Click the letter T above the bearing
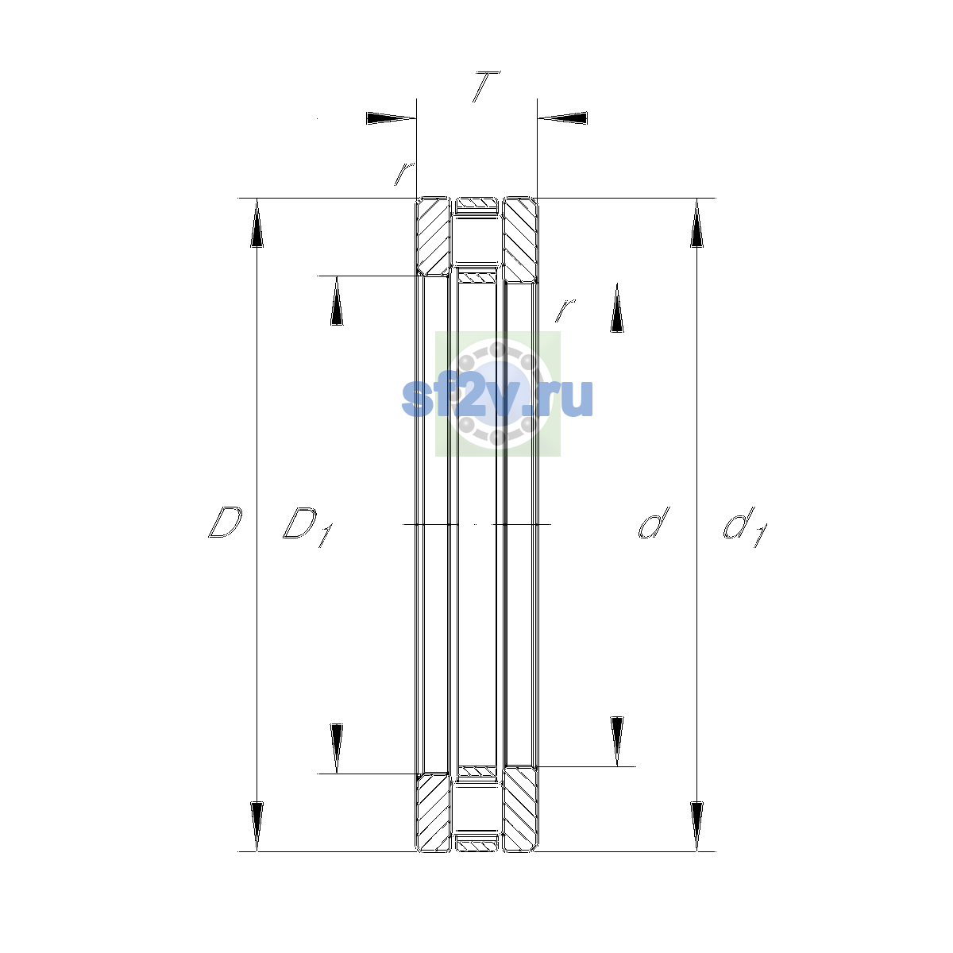pyautogui.click(x=486, y=87)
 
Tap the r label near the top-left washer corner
pyautogui.click(x=404, y=174)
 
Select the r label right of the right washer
pyautogui.click(x=565, y=310)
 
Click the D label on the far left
pyautogui.click(x=226, y=522)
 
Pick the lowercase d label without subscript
pyautogui.click(x=654, y=523)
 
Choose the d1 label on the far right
pyautogui.click(x=745, y=527)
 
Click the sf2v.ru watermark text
pyautogui.click(x=497, y=398)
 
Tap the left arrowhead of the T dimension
pyautogui.click(x=391, y=118)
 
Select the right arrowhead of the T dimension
pyautogui.click(x=562, y=118)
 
